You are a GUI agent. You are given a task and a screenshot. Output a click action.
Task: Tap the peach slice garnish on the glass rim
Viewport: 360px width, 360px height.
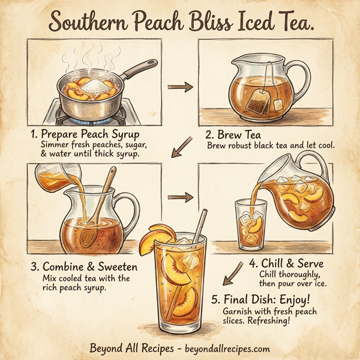(155, 237)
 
